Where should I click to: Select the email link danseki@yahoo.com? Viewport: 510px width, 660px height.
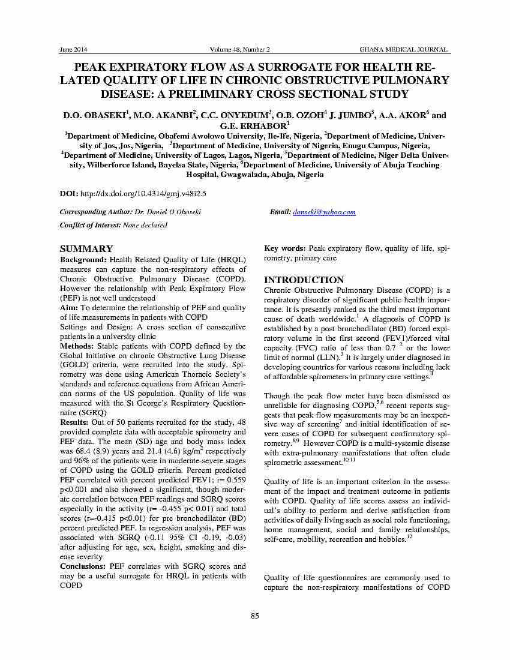[x=324, y=212]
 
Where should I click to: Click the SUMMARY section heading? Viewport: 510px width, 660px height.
[x=86, y=249]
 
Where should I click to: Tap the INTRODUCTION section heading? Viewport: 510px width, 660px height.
[x=304, y=280]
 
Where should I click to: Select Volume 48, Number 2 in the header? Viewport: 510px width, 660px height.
[x=240, y=49]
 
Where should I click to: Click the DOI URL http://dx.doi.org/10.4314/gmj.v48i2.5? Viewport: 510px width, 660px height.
[x=143, y=193]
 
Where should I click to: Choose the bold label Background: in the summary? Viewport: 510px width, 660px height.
[x=83, y=260]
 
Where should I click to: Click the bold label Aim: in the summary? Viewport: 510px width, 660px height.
[x=68, y=308]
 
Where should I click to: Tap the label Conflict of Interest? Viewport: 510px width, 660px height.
[x=91, y=225]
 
